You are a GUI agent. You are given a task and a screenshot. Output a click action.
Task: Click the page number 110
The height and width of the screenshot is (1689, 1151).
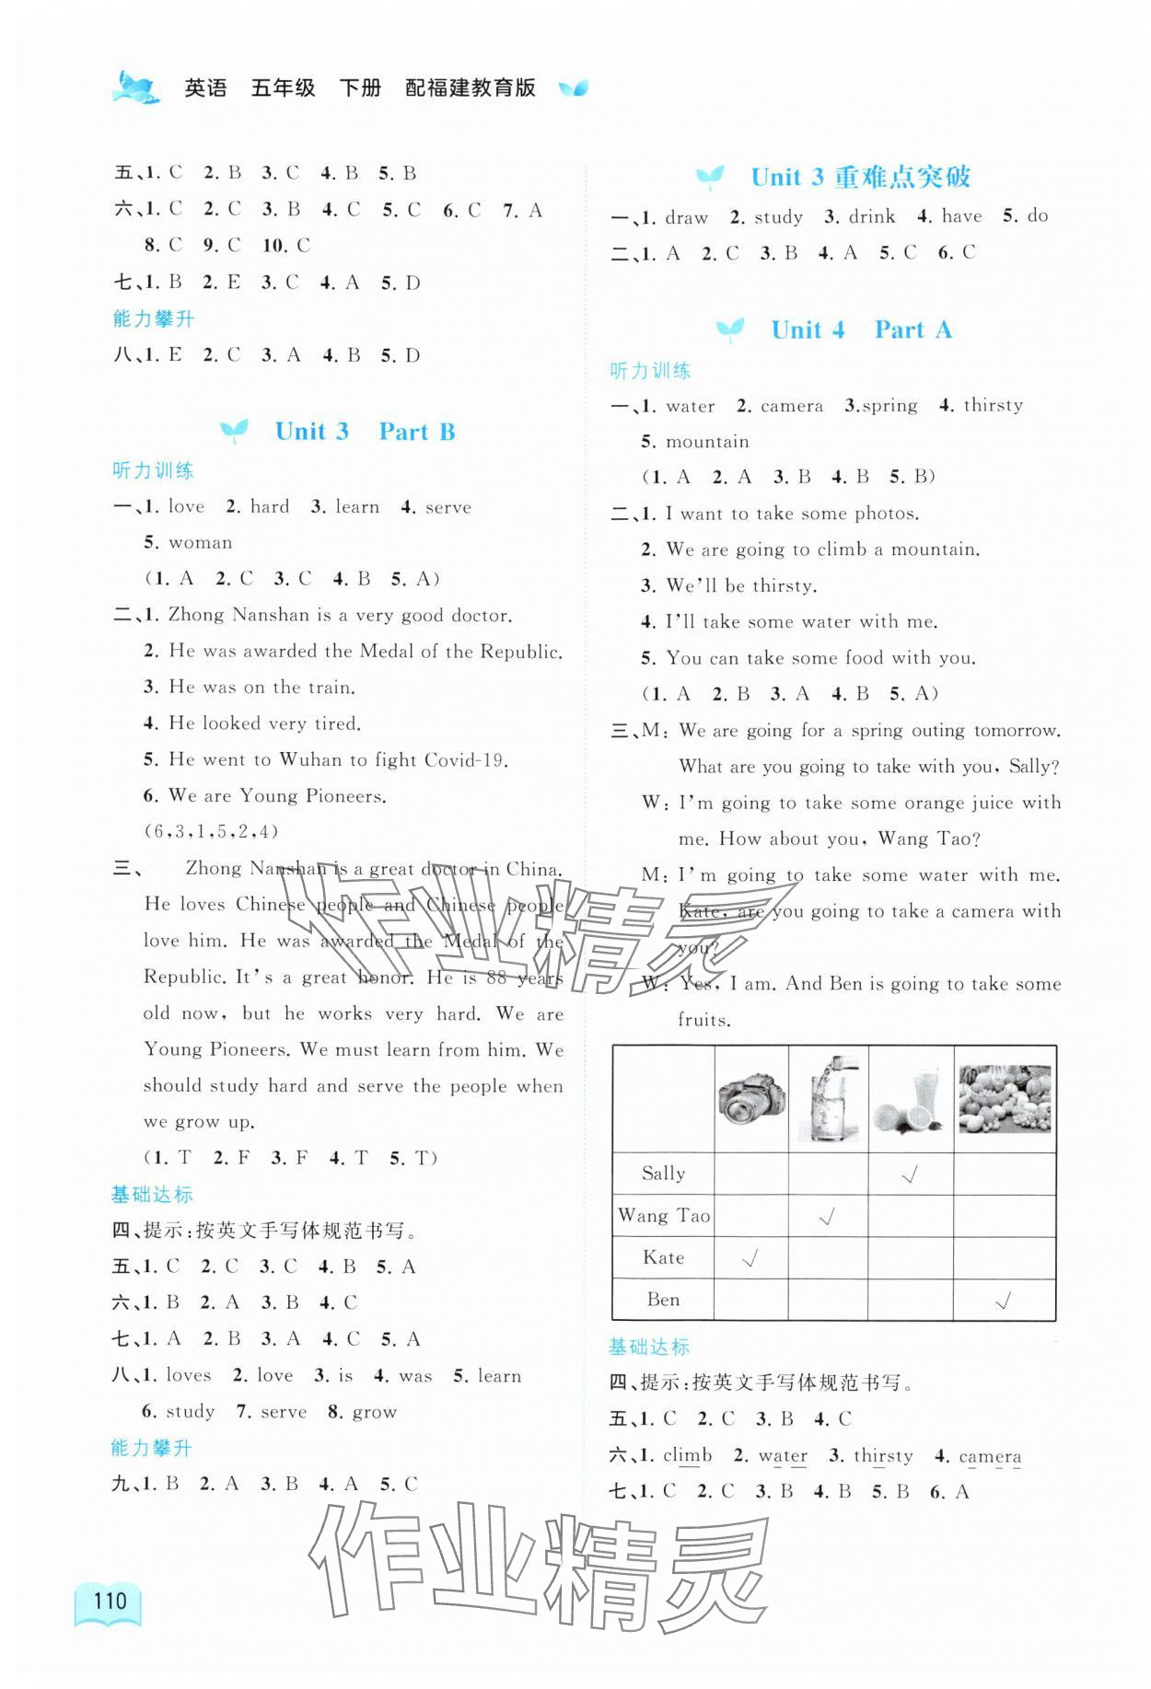click(110, 1600)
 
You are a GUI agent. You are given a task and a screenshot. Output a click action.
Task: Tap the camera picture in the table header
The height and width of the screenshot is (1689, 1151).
click(751, 1097)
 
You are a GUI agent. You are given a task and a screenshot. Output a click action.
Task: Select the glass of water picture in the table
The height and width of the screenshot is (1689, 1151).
click(828, 1097)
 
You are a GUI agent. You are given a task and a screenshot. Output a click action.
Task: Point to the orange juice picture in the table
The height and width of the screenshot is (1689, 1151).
click(910, 1097)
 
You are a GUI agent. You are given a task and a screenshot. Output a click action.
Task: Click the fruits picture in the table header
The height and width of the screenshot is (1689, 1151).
click(1004, 1097)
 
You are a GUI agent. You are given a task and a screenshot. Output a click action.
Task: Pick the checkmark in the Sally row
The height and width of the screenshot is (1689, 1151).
click(910, 1174)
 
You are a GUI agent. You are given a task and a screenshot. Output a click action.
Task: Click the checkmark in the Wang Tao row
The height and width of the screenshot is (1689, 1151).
click(827, 1216)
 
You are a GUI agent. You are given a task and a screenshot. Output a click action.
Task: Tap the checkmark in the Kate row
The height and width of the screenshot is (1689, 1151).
click(750, 1258)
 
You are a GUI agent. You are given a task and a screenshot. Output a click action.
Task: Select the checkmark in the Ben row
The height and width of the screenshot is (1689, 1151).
click(1004, 1301)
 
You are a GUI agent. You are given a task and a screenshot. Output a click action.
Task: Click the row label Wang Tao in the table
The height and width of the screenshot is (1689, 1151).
click(663, 1216)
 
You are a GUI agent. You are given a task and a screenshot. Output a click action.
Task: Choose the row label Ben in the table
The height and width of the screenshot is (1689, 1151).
click(663, 1300)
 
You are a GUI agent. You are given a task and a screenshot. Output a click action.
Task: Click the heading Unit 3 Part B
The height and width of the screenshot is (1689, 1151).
click(365, 431)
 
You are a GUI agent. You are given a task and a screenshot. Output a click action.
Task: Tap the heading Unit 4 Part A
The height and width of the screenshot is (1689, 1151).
click(861, 330)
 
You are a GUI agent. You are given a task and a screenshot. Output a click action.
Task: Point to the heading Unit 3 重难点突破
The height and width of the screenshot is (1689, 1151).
click(860, 177)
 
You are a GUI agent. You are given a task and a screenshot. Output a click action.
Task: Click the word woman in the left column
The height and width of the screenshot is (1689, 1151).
click(201, 543)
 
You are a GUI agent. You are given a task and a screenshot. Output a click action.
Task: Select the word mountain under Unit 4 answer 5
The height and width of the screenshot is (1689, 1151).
click(707, 442)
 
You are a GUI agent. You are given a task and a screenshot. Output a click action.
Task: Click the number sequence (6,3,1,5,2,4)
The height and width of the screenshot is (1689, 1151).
click(211, 832)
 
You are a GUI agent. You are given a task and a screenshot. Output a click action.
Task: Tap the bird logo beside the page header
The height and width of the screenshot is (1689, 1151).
click(135, 88)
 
